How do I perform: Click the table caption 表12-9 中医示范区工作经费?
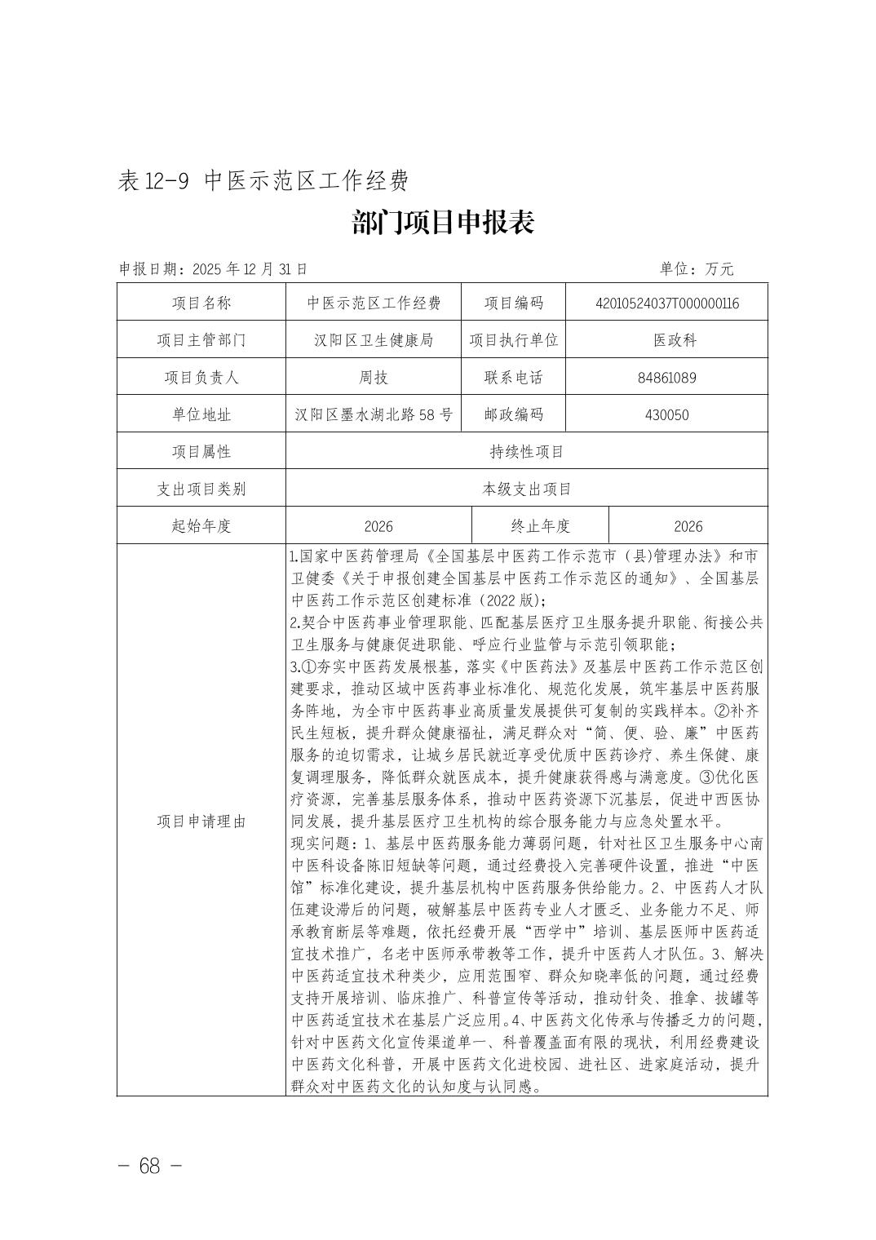coord(263,180)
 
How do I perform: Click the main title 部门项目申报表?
coord(443,223)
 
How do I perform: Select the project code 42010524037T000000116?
coord(667,303)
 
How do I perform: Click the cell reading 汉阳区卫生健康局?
coord(374,340)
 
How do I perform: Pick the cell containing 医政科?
coord(667,340)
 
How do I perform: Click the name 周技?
coord(374,378)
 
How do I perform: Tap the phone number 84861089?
coord(667,378)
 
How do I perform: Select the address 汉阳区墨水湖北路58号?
coord(374,414)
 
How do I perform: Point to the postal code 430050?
coord(667,414)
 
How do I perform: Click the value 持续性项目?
coord(526,451)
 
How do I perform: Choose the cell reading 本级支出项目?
coord(526,489)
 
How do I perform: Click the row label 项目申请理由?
coord(201,821)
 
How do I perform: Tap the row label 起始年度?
coord(201,526)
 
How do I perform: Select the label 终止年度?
coord(540,526)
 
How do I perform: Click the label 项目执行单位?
coord(514,340)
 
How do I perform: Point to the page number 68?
coord(149,1166)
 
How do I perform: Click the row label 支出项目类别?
coord(201,489)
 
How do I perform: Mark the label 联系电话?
coord(514,378)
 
